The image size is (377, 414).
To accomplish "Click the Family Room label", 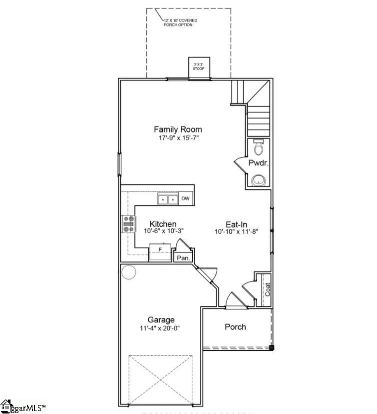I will point(178,130).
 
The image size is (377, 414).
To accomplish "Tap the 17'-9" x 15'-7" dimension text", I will point(178,138).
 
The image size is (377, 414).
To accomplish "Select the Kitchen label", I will point(163,224).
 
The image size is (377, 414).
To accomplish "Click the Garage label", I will point(161,320).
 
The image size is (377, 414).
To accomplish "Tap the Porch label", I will point(235,327).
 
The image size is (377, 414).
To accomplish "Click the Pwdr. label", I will point(258,162).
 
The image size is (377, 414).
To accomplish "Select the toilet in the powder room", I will point(259,148).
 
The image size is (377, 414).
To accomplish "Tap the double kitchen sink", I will point(168,199).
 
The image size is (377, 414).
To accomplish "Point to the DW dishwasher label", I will point(185,199).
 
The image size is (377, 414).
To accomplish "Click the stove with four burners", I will point(129,224).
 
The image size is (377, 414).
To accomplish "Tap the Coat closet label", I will point(267,289).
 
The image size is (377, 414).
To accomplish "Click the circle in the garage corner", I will point(129,273).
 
